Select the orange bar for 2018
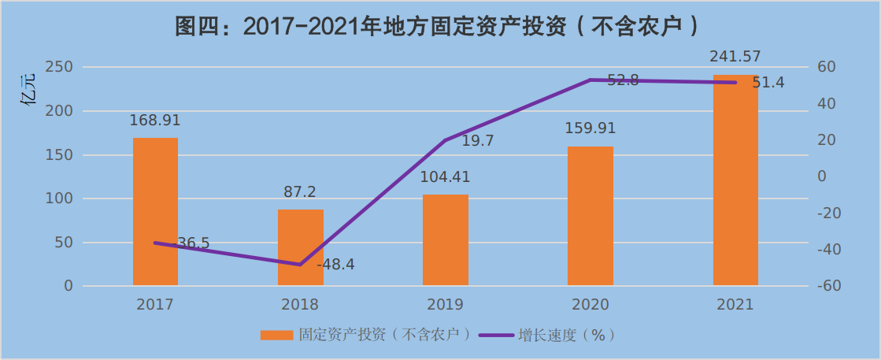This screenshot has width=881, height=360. (300, 247)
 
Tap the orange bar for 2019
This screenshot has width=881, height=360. (446, 239)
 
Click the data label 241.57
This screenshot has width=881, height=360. (735, 57)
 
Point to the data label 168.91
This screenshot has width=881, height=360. (155, 121)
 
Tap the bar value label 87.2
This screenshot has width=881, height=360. (300, 192)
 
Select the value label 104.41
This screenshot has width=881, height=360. (446, 177)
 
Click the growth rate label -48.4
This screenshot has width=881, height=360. (336, 265)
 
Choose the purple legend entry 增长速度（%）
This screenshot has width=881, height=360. (567, 335)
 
